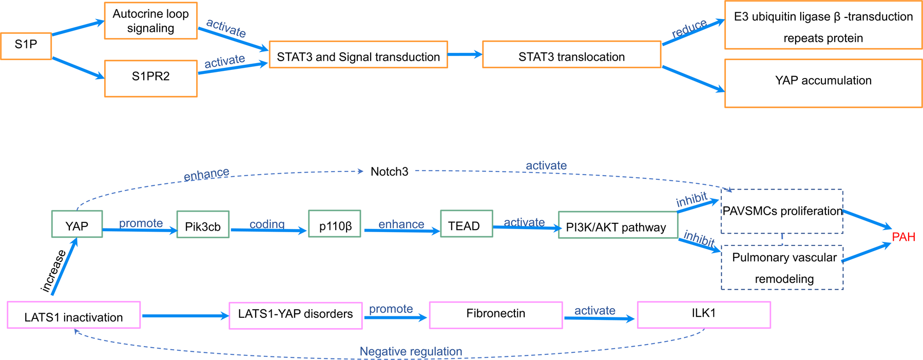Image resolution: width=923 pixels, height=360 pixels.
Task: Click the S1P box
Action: (26, 46)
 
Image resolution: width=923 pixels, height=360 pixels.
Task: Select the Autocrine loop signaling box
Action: (150, 21)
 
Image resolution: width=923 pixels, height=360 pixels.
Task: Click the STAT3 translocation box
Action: (571, 55)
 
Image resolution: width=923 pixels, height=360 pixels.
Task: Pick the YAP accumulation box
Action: (823, 83)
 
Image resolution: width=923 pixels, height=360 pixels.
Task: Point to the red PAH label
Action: (903, 237)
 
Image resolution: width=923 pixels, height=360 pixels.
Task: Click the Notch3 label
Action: (389, 172)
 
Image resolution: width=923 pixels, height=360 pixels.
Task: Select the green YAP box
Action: (77, 224)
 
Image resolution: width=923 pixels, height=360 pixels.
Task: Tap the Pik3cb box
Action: (203, 225)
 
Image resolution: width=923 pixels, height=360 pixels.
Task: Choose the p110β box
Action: (335, 224)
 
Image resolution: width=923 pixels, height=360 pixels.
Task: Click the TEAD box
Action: (466, 224)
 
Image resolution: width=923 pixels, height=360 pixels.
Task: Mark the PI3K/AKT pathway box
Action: (617, 225)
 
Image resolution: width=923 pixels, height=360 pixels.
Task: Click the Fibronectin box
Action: (495, 314)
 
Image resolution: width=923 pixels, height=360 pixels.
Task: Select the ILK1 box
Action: (703, 314)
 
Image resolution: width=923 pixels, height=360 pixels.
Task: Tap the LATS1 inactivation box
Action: (73, 315)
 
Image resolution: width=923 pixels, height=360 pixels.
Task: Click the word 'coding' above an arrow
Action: (267, 224)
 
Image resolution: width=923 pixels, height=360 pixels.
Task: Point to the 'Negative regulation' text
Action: (411, 351)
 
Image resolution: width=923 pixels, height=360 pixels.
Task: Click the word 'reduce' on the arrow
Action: (689, 29)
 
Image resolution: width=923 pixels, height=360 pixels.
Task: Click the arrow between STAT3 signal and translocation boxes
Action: (465, 54)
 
